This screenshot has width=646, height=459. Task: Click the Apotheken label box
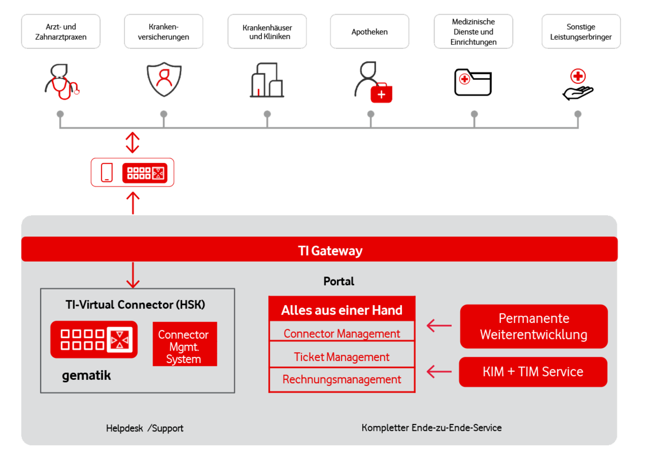pyautogui.click(x=369, y=32)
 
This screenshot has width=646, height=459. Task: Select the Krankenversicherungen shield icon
pyautogui.click(x=163, y=81)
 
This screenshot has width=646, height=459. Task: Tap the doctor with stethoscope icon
pyautogui.click(x=61, y=82)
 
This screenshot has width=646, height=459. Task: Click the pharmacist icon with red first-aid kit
pyautogui.click(x=373, y=83)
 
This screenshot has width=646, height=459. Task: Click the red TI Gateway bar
pyautogui.click(x=319, y=250)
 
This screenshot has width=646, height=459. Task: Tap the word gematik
pyautogui.click(x=86, y=376)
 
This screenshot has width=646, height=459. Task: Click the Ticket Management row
pyautogui.click(x=342, y=357)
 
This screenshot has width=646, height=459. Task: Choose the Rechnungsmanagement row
pyautogui.click(x=342, y=380)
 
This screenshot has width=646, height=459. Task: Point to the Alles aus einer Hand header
pyautogui.click(x=342, y=310)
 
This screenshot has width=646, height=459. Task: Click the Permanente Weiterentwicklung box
pyautogui.click(x=534, y=326)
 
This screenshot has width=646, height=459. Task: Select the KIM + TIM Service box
pyautogui.click(x=533, y=372)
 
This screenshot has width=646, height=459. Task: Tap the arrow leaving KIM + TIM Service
pyautogui.click(x=439, y=372)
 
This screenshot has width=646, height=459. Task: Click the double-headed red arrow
pyautogui.click(x=132, y=143)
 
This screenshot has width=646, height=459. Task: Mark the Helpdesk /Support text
pyautogui.click(x=144, y=428)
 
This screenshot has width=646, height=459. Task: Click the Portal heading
pyautogui.click(x=339, y=281)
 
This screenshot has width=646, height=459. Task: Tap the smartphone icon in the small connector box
pyautogui.click(x=107, y=173)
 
